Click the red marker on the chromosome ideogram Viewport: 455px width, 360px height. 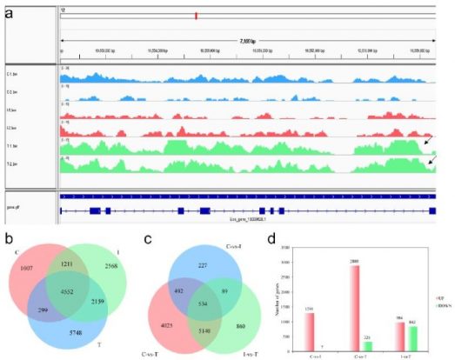197,16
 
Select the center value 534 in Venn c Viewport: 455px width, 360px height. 205,305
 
